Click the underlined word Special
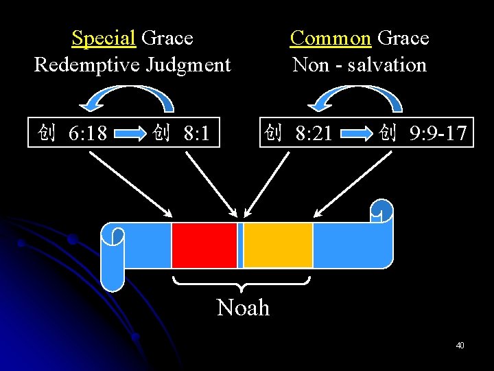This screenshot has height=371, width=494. click(x=104, y=38)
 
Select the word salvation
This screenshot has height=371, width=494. click(x=387, y=65)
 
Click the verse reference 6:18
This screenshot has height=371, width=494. click(x=87, y=133)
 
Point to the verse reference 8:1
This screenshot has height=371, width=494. click(x=196, y=133)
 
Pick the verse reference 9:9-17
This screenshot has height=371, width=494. click(x=436, y=133)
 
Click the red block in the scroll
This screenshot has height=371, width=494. click(x=204, y=245)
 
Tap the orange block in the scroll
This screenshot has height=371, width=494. click(x=278, y=245)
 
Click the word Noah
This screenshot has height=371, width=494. click(x=243, y=307)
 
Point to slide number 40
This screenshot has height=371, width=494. click(x=460, y=345)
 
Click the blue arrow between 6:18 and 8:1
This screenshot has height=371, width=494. click(x=132, y=133)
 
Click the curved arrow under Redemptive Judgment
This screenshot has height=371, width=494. click(x=128, y=96)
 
